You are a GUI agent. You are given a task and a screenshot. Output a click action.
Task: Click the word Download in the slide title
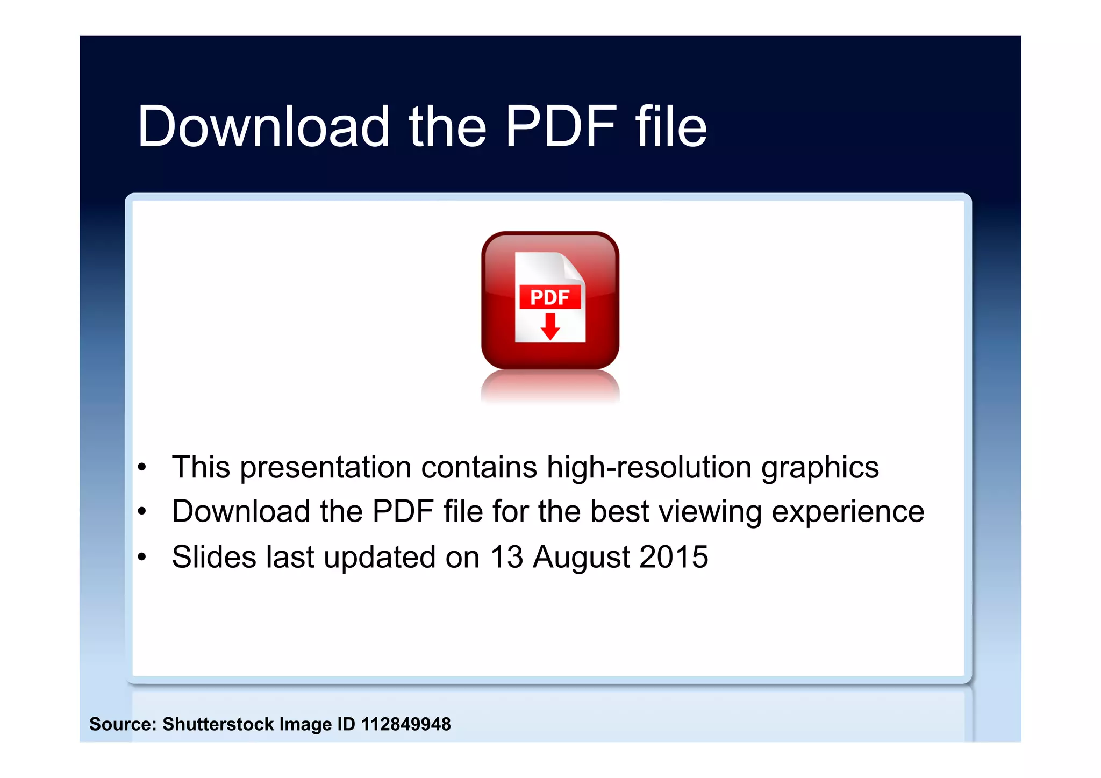tap(263, 126)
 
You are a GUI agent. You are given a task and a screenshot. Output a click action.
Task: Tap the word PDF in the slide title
tap(561, 126)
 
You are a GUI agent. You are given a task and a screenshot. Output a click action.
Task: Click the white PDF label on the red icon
tap(549, 297)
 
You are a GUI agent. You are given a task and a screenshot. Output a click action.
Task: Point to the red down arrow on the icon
tap(549, 327)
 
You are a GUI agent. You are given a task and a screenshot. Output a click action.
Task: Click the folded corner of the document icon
tap(573, 266)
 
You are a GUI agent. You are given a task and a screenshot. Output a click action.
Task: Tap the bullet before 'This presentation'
tap(141, 467)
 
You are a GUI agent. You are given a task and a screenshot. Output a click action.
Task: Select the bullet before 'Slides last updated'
tap(141, 557)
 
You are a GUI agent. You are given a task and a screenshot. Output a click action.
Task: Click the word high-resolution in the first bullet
tap(649, 467)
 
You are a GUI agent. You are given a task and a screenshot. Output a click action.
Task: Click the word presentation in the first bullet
tap(326, 467)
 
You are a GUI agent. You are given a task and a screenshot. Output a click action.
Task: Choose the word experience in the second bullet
tap(848, 512)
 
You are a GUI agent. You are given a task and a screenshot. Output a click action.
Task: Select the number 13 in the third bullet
tap(507, 557)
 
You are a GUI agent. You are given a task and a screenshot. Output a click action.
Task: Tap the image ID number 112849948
tap(406, 724)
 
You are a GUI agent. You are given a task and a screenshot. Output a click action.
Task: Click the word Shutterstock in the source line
tap(218, 724)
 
